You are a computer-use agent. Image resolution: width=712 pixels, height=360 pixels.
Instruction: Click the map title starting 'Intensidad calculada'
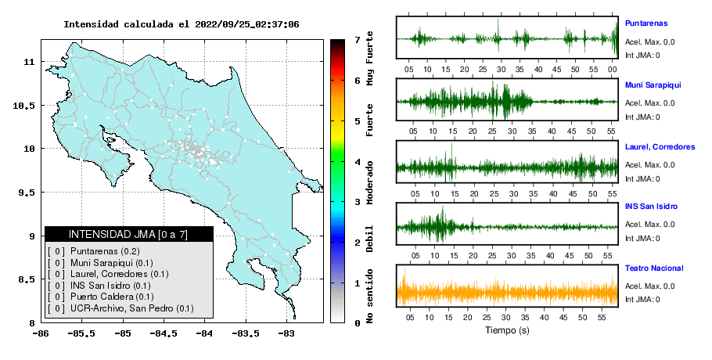click(x=182, y=24)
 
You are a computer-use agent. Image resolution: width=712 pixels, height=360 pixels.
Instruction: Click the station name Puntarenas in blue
click(x=646, y=23)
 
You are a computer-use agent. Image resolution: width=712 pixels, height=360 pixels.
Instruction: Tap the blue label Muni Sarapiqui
click(x=653, y=85)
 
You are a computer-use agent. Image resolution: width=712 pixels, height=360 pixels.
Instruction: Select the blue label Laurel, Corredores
click(x=660, y=146)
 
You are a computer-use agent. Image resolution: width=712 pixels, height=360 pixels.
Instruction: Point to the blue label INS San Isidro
click(x=651, y=206)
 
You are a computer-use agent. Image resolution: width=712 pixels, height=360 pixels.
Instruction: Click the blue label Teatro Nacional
click(x=654, y=268)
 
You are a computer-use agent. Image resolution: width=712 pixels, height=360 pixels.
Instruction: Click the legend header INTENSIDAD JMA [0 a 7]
click(x=128, y=234)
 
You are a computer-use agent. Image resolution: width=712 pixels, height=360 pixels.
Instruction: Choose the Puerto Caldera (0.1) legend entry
click(x=112, y=297)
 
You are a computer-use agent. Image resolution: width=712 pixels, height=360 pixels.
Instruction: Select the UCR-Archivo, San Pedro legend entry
click(x=131, y=308)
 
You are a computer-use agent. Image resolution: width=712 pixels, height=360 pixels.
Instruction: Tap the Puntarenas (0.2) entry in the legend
click(x=105, y=251)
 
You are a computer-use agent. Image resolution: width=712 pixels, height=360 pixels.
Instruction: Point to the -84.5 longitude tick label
click(x=164, y=334)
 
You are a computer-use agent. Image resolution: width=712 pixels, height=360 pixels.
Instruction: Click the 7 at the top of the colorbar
click(x=358, y=40)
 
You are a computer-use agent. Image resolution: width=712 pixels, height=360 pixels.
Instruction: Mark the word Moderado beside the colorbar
click(x=370, y=182)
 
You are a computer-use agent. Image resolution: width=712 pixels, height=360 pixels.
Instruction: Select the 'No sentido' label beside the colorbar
click(x=370, y=296)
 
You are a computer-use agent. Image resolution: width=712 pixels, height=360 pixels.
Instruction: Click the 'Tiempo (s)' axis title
click(x=507, y=330)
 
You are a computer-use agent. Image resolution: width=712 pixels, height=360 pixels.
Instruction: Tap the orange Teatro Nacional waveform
click(x=507, y=292)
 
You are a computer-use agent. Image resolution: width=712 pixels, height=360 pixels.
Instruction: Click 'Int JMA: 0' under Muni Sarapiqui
click(x=642, y=117)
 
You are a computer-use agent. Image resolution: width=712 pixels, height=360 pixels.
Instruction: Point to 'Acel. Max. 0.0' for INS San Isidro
click(x=649, y=225)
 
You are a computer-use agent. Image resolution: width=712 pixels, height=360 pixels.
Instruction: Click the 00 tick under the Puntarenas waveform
click(x=612, y=70)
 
